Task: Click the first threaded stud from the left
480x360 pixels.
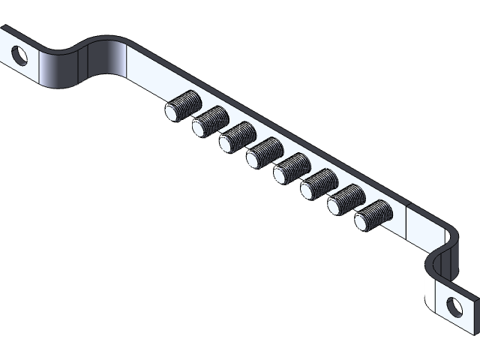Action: click(182, 106)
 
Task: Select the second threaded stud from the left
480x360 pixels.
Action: click(209, 121)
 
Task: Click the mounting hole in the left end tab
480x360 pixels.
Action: click(19, 55)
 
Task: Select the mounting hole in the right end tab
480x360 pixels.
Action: click(454, 304)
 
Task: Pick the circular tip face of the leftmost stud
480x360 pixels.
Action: click(173, 112)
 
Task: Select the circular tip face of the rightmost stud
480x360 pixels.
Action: click(363, 221)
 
